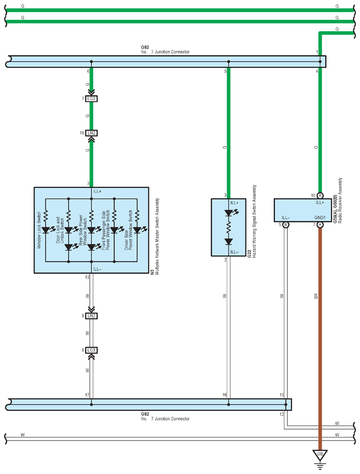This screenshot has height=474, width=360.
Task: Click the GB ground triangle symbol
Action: (320, 454)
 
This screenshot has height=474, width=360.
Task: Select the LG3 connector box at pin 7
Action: (91, 99)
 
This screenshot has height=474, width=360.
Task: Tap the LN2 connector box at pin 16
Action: (91, 133)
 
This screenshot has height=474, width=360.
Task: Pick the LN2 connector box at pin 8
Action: (91, 316)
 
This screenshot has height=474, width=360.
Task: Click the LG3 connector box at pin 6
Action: (91, 350)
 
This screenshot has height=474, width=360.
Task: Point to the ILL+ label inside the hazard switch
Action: (234, 203)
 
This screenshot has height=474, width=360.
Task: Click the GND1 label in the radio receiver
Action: (320, 218)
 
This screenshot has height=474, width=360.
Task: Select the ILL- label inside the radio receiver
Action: (286, 218)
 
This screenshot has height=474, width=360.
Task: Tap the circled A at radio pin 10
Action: (320, 195)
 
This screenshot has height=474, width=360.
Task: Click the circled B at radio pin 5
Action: (286, 224)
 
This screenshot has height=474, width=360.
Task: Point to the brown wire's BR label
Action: (316, 296)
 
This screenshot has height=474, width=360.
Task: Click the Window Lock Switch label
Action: (39, 230)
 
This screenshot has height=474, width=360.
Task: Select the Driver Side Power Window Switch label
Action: (129, 230)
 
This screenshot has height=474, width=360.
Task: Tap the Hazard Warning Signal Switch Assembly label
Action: (254, 221)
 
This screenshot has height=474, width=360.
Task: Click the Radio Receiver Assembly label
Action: (340, 200)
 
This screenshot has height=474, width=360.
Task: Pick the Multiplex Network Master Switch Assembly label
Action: (157, 236)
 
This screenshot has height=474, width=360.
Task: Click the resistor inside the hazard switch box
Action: (228, 228)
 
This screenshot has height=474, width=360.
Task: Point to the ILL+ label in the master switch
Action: (97, 191)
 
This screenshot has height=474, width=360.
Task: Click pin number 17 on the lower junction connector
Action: (87, 395)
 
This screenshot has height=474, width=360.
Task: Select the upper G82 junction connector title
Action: (165, 50)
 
